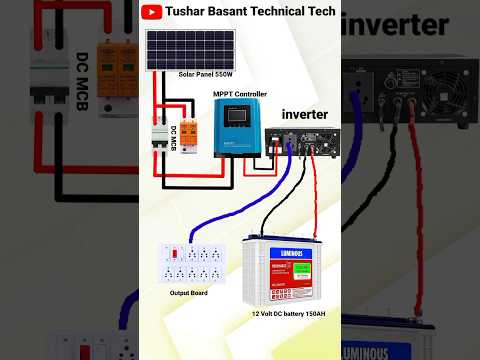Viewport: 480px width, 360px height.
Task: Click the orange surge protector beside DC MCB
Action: (x=185, y=137)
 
